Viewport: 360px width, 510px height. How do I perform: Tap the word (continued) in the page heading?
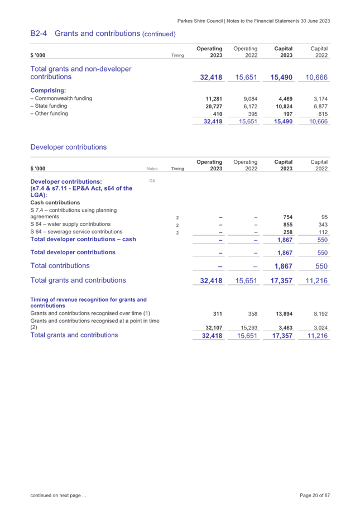click(x=159, y=35)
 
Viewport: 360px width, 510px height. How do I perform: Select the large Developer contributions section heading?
click(x=69, y=147)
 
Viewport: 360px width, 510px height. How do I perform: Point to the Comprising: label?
click(x=47, y=90)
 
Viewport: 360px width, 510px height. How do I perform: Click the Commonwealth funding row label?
click(x=61, y=98)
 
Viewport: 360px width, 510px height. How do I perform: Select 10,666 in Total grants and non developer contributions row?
click(x=316, y=77)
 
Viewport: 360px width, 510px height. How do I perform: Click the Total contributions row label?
click(x=60, y=266)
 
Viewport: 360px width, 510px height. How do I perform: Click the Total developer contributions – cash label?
click(x=83, y=240)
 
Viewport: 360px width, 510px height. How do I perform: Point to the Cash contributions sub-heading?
click(x=55, y=202)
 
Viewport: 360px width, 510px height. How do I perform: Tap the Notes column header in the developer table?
click(x=152, y=168)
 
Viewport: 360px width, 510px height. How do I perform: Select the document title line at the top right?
click(x=254, y=21)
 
